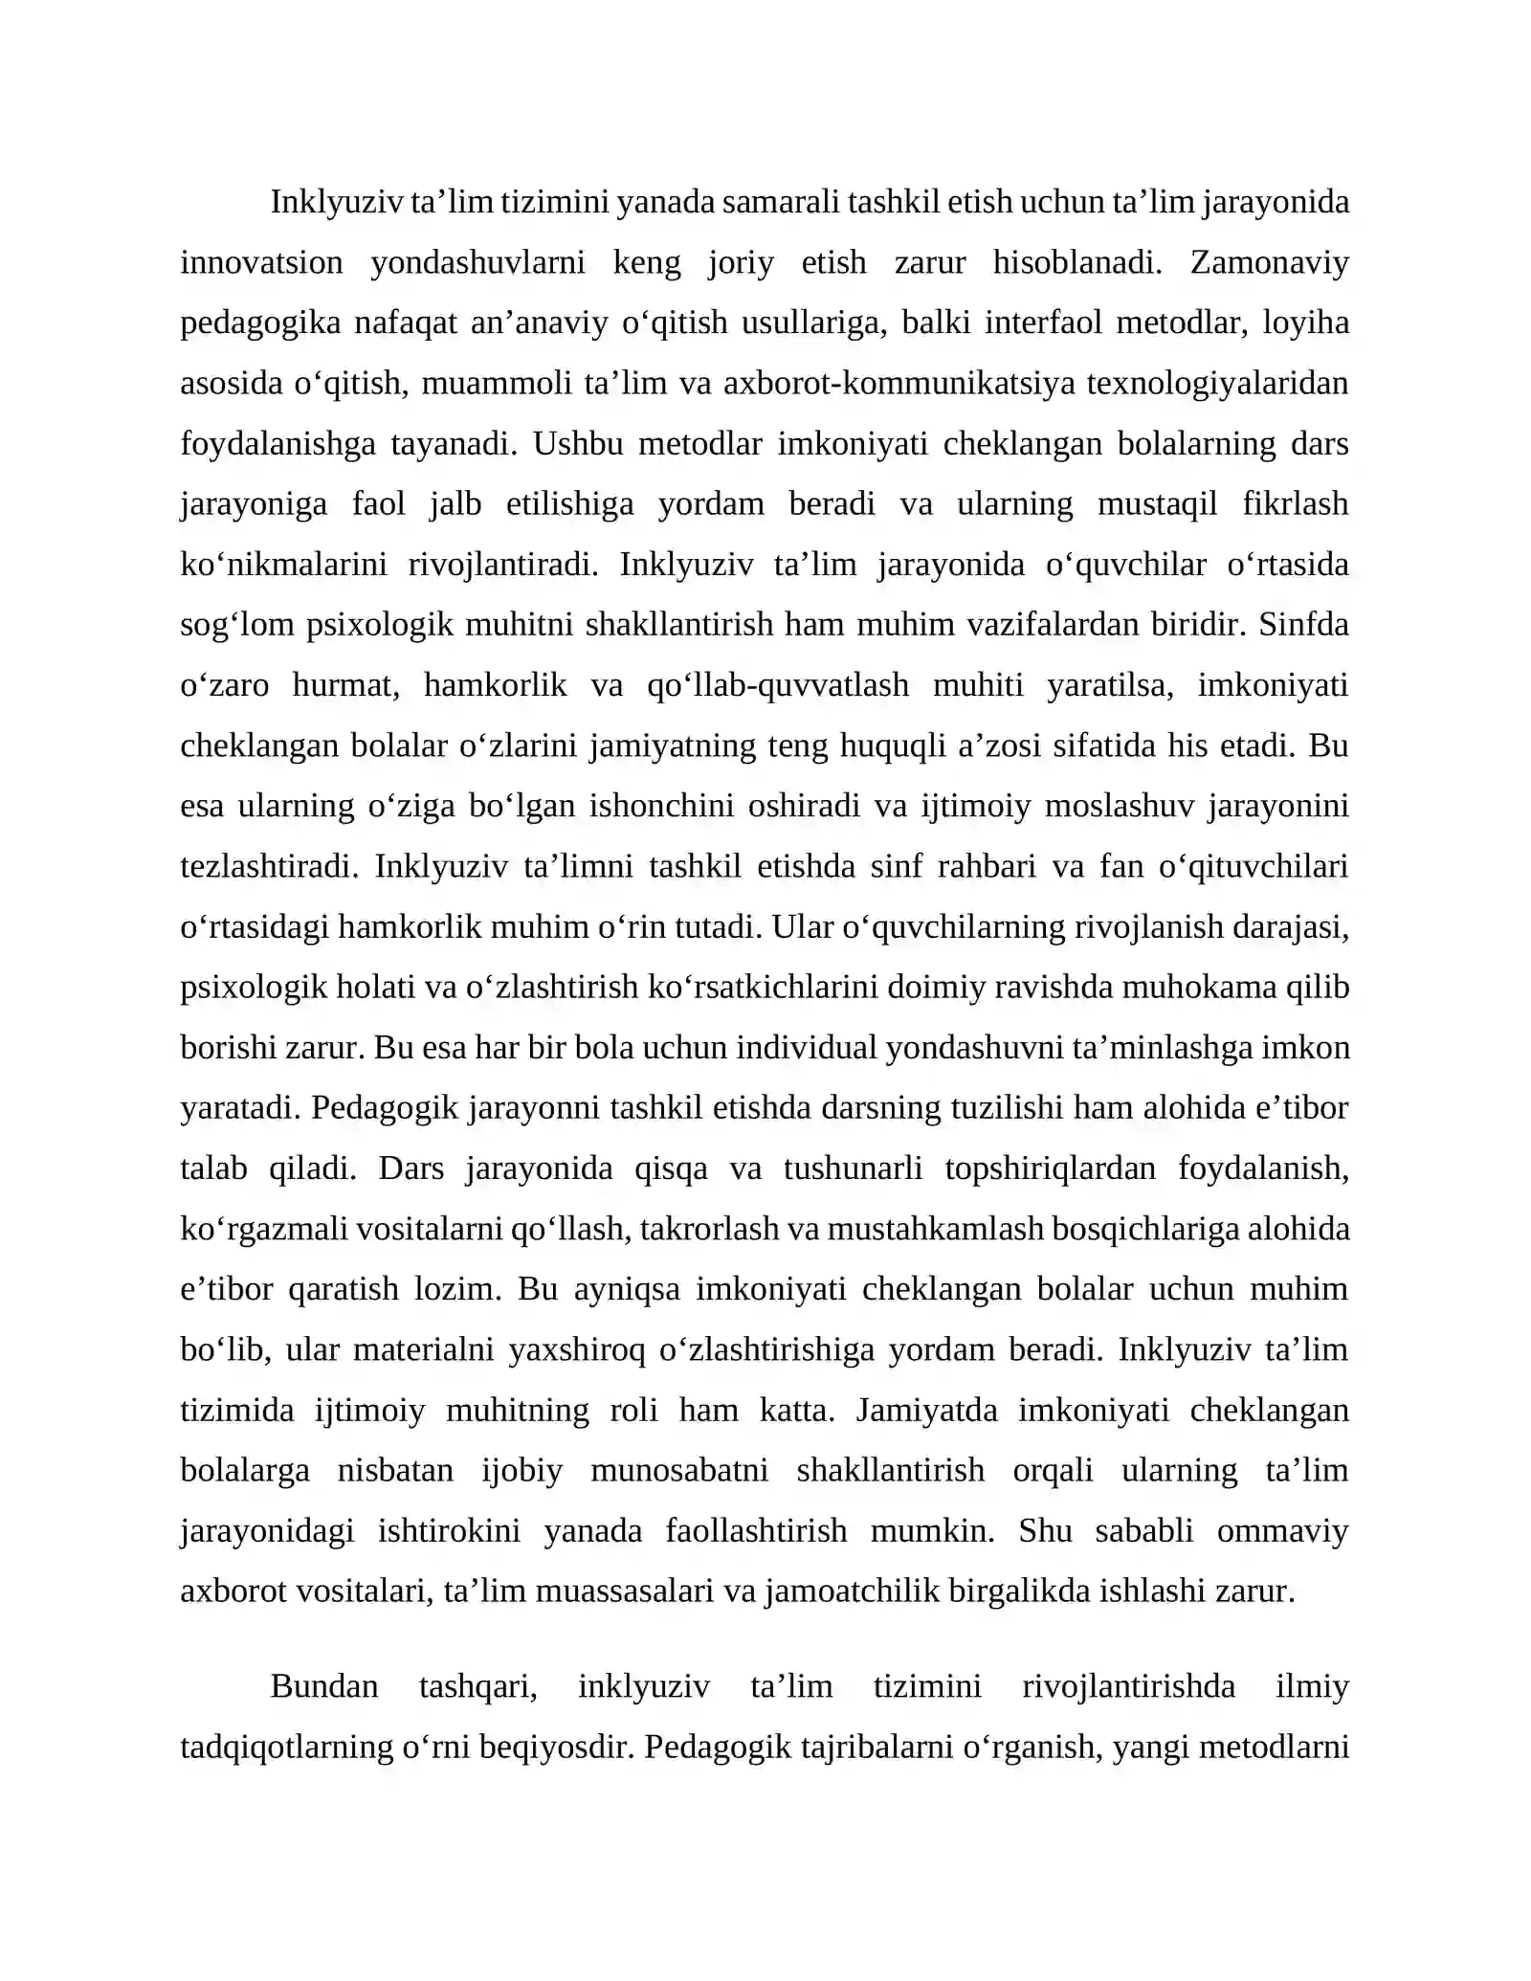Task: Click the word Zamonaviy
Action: coord(1269,262)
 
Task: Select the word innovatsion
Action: coord(261,262)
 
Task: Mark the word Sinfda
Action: coord(1303,624)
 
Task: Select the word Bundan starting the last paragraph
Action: coord(324,1685)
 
